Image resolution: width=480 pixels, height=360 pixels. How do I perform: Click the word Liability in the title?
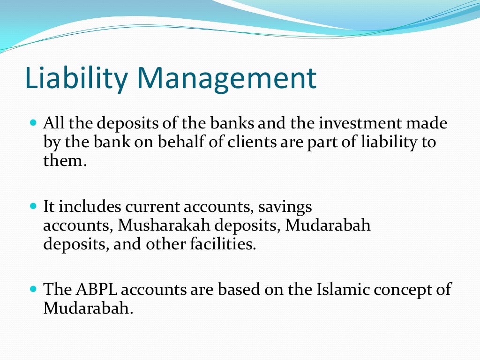pyautogui.click(x=72, y=78)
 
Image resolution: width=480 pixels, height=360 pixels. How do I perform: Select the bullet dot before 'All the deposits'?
pyautogui.click(x=33, y=123)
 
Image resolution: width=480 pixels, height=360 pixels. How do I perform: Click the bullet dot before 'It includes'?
pyautogui.click(x=33, y=206)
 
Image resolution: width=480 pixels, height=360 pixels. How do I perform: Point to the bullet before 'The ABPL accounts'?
pyautogui.click(x=33, y=289)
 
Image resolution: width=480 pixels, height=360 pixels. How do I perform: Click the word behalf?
pyautogui.click(x=183, y=142)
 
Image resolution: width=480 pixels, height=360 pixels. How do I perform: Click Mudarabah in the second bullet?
pyautogui.click(x=328, y=225)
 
